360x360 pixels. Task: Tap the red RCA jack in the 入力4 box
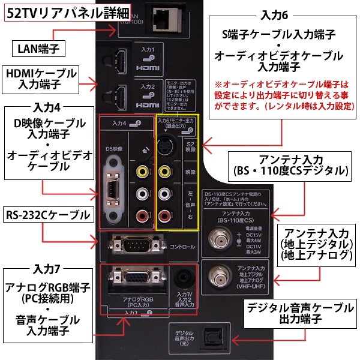click(x=142, y=214)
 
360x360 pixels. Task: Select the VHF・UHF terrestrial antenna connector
click(x=214, y=276)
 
